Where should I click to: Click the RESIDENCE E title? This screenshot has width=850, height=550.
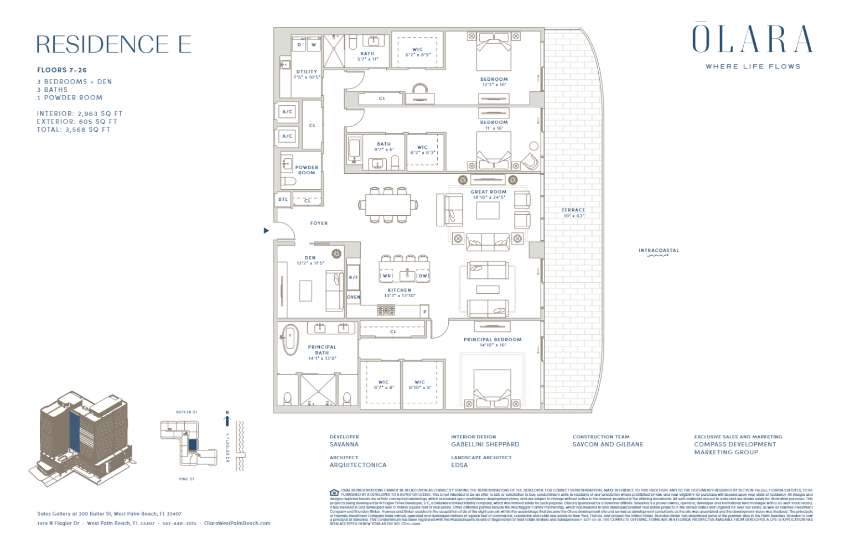[113, 44]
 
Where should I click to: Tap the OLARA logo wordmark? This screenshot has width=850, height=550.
[752, 39]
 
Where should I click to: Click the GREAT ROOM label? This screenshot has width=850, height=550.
[488, 192]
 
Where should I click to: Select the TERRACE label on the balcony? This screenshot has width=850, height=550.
[573, 210]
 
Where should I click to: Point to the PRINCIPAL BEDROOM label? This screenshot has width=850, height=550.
[493, 340]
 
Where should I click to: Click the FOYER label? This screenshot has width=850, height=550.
[319, 224]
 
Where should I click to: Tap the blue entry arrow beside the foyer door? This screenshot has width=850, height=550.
[266, 231]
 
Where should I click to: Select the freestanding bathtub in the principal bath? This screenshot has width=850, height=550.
[290, 339]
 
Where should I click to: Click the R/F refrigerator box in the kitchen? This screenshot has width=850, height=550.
[353, 277]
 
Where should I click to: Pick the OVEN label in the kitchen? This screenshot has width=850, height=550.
[354, 297]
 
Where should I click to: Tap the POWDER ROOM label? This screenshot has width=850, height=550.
[307, 170]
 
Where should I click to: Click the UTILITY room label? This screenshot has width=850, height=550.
[307, 72]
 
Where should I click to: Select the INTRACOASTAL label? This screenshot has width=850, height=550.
[659, 251]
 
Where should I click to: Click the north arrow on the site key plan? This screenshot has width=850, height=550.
[227, 419]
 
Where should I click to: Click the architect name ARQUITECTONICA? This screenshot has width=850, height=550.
[358, 465]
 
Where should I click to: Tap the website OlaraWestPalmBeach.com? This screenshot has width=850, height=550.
[237, 523]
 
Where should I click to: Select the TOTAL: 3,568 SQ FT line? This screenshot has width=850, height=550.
[74, 129]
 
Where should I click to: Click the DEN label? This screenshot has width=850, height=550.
[310, 258]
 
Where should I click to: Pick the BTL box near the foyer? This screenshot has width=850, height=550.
[283, 200]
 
